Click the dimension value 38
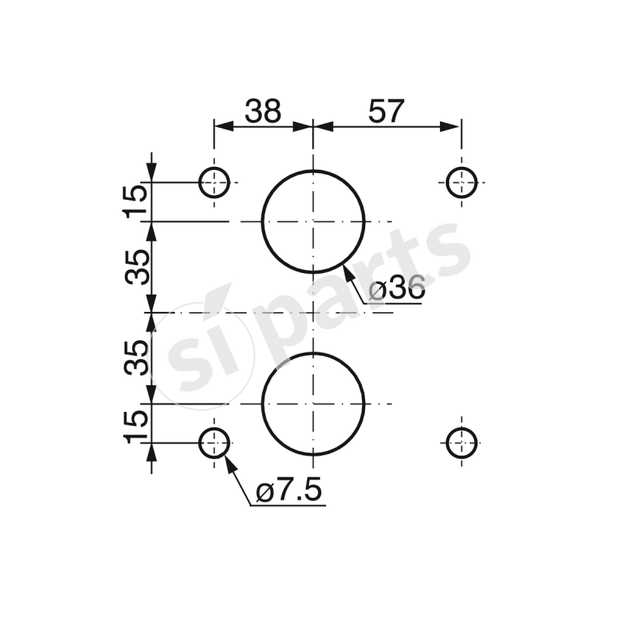click(x=263, y=112)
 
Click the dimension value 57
click(x=386, y=112)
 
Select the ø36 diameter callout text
click(x=396, y=289)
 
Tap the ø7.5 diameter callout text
click(x=288, y=492)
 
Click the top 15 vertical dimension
click(x=136, y=201)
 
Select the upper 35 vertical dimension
click(x=136, y=268)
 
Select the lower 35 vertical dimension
click(x=136, y=358)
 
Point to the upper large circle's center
click(x=313, y=222)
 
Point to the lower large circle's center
click(x=313, y=404)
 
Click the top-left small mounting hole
click(x=214, y=183)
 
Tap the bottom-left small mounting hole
click(x=214, y=442)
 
